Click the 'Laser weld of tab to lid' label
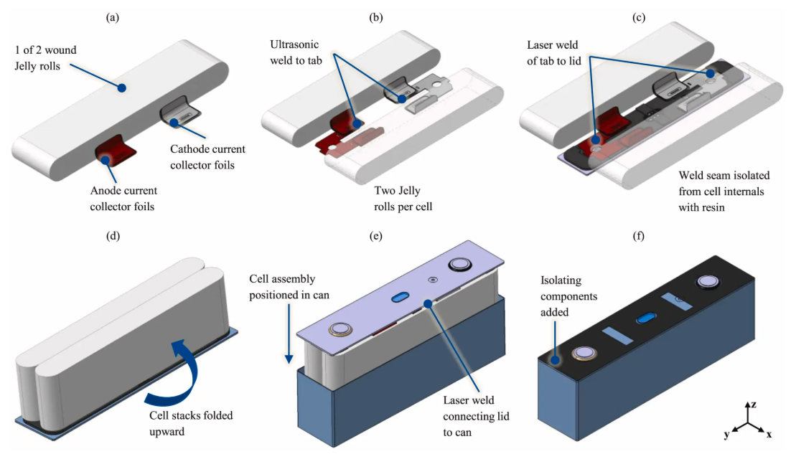pyautogui.click(x=552, y=52)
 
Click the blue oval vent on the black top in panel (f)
pyautogui.click(x=647, y=316)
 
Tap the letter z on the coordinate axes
pyautogui.click(x=750, y=405)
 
